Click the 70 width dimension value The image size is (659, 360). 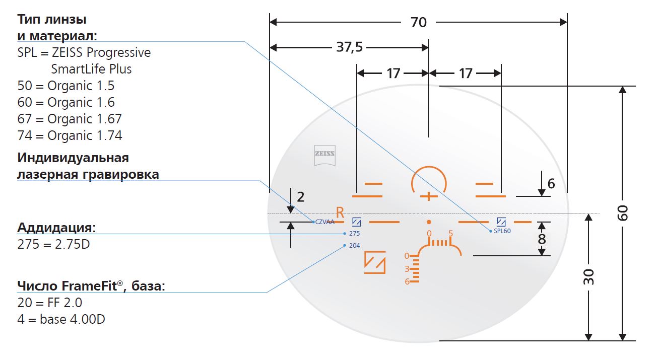tap(418, 22)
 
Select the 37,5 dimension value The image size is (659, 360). tap(349, 47)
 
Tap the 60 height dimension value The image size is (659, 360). tap(623, 213)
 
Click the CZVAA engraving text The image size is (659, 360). tap(325, 222)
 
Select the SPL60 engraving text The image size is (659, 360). tap(502, 231)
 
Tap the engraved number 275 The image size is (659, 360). tap(354, 234)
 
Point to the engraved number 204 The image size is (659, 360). tap(354, 246)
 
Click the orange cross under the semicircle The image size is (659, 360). tap(429, 196)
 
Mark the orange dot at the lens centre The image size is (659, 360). tap(429, 222)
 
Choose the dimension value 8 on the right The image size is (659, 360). tap(542, 239)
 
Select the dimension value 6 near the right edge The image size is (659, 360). tap(551, 184)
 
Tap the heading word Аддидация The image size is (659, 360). tap(56, 228)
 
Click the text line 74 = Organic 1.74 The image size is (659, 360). tap(70, 135)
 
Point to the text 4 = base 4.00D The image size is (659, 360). tap(61, 319)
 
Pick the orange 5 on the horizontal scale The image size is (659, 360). tap(450, 234)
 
